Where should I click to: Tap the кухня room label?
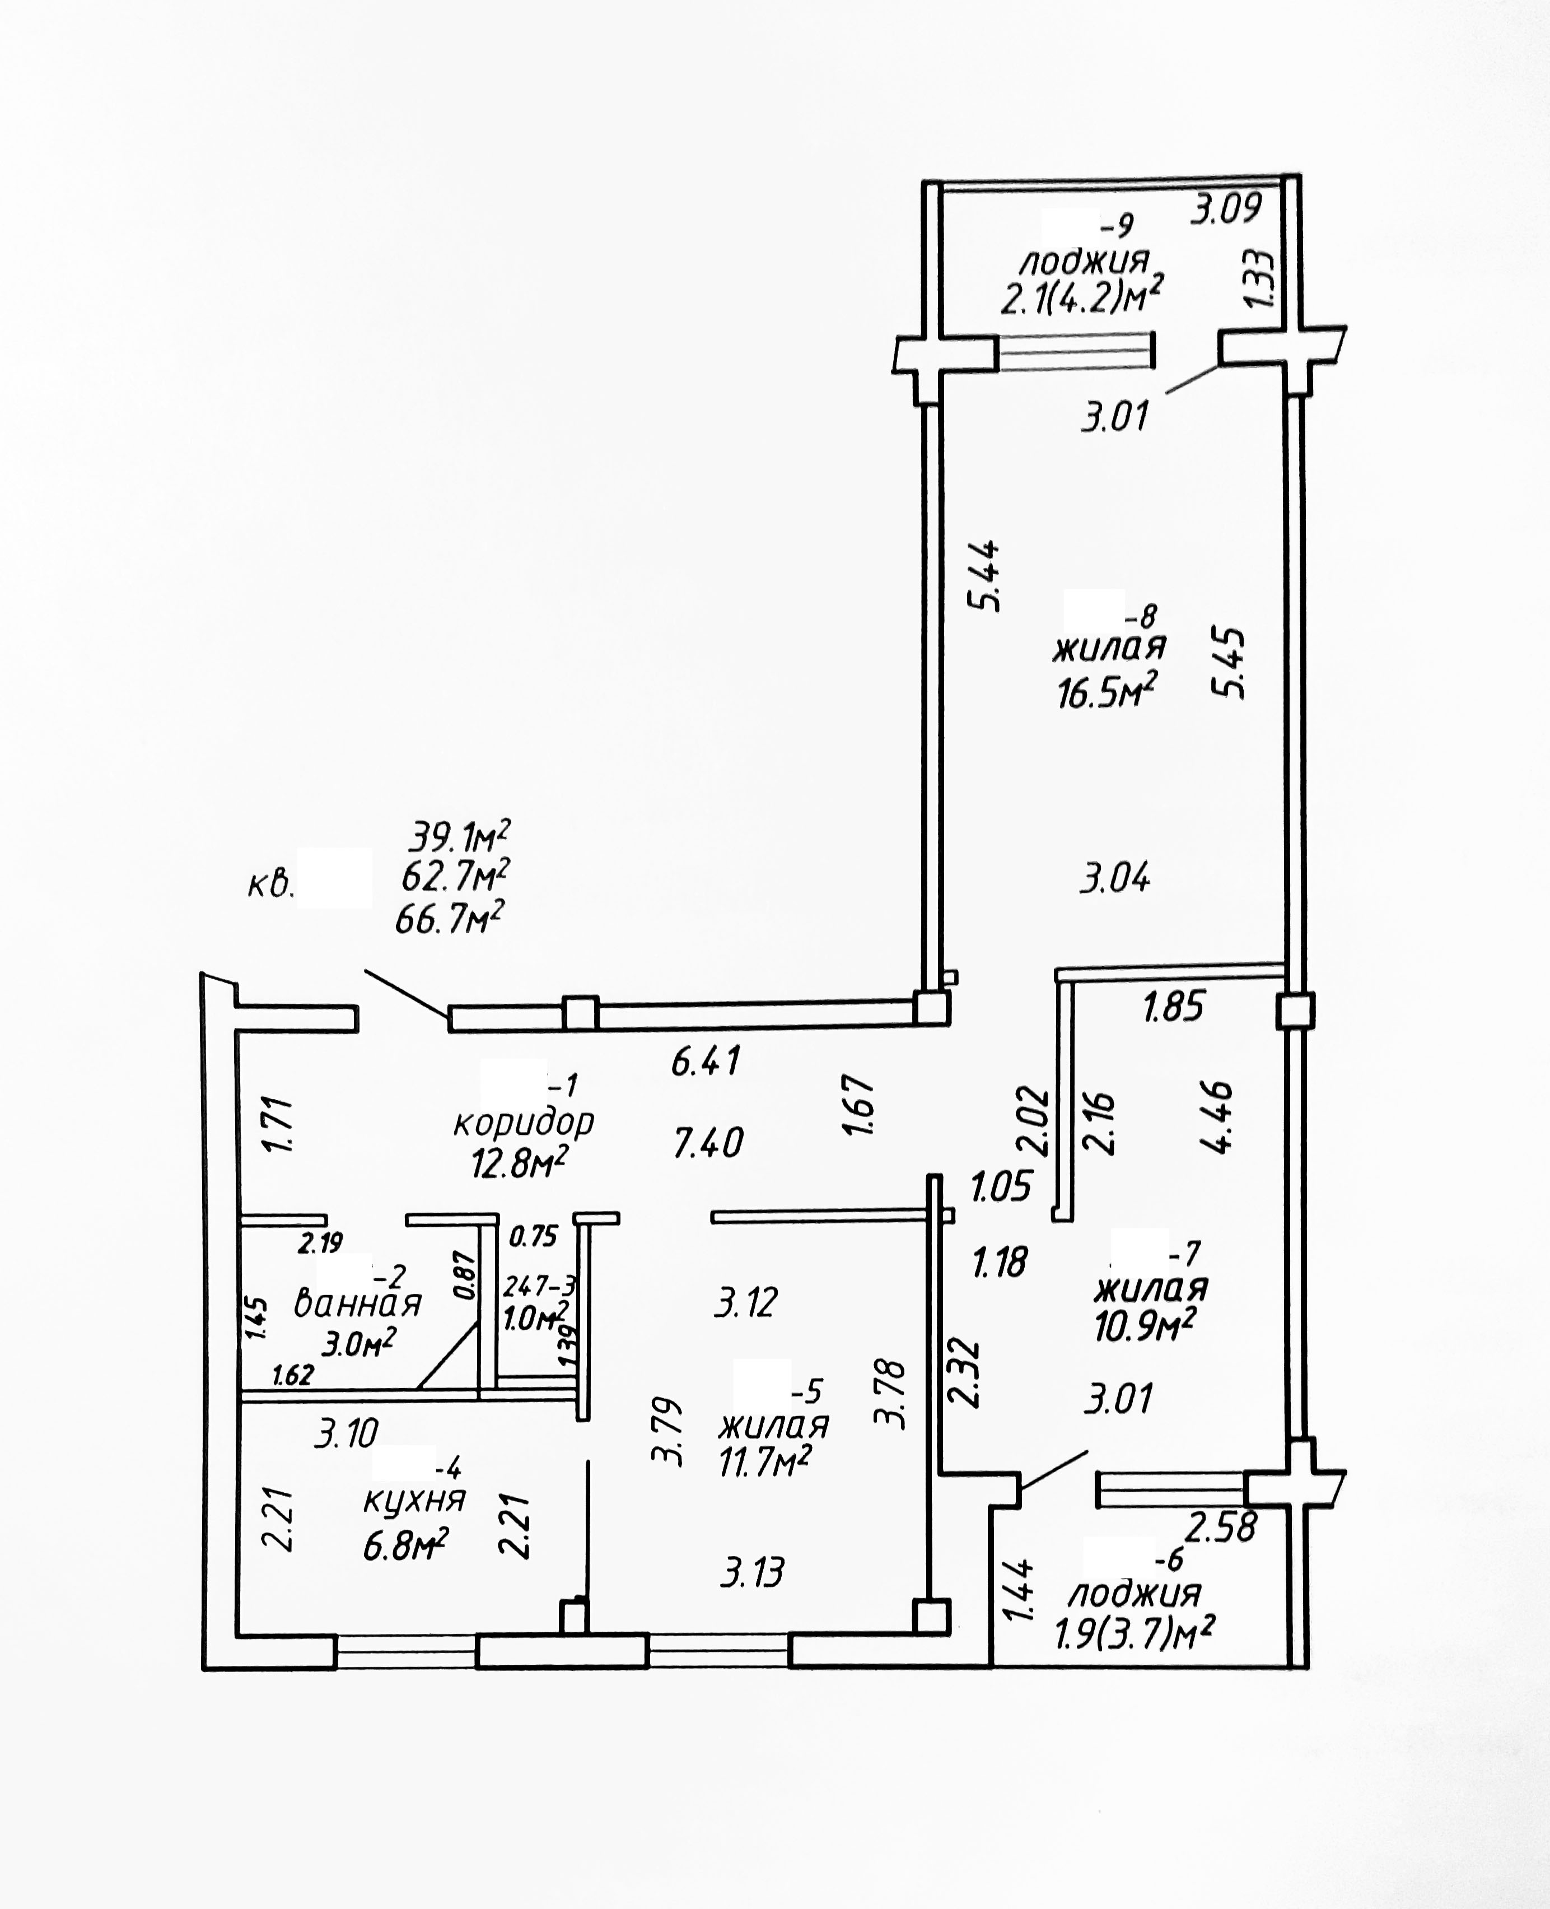(x=414, y=1500)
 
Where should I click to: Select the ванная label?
(x=357, y=1305)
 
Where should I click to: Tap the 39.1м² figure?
(x=459, y=837)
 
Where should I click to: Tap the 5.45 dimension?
(x=1227, y=663)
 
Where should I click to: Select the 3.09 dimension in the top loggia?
(x=1227, y=208)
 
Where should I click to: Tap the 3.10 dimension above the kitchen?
(x=347, y=1433)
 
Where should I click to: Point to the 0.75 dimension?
(x=533, y=1236)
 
